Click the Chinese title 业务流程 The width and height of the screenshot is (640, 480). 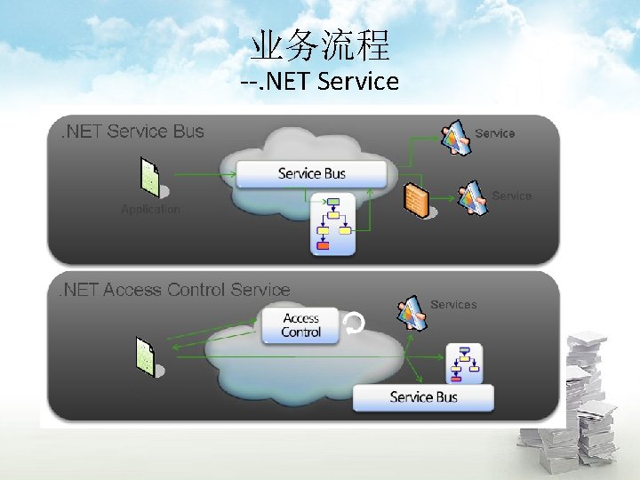coord(319,44)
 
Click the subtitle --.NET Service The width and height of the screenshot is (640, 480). coord(319,82)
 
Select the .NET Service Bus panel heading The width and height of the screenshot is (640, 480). coord(132,132)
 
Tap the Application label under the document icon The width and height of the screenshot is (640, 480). coord(150,210)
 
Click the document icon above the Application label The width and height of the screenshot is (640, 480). coord(150,177)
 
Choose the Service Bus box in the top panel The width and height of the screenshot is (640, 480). coord(311,173)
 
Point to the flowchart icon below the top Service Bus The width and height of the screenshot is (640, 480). coord(332,223)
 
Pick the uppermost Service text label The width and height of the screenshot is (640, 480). coord(495,133)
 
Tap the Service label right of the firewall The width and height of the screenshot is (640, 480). coord(511,196)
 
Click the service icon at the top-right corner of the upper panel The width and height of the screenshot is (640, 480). coord(457,135)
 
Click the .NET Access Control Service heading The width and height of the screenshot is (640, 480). coord(174,290)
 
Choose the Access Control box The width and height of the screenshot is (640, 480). coord(300,325)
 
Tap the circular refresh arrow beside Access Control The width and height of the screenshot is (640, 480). coord(354,325)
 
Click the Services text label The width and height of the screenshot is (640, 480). coord(453,305)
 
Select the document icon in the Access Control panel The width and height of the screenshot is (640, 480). coord(145,356)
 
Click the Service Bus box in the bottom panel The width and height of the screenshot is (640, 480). coord(423,396)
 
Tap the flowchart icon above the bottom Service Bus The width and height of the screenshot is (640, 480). coord(464,363)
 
